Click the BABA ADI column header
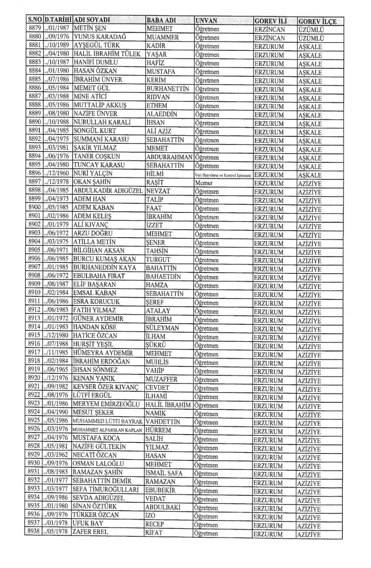click(x=162, y=20)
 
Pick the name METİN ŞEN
click(x=90, y=28)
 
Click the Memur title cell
click(x=204, y=183)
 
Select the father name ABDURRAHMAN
click(x=169, y=157)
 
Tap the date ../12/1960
click(x=56, y=173)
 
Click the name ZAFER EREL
click(x=90, y=532)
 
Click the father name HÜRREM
click(x=158, y=430)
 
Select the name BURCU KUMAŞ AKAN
click(x=104, y=259)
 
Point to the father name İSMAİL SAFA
click(x=164, y=473)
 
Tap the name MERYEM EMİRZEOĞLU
click(x=106, y=404)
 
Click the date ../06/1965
click(x=56, y=370)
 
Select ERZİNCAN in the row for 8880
click(x=269, y=38)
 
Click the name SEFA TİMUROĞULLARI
click(x=106, y=490)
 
